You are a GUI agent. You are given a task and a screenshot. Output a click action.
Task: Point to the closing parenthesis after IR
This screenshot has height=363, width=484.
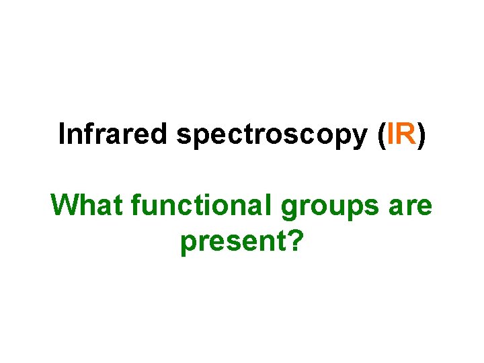(421, 136)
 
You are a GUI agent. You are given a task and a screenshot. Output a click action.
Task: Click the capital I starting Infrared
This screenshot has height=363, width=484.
(62, 134)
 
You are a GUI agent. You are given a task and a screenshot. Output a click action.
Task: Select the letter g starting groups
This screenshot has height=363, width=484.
(290, 210)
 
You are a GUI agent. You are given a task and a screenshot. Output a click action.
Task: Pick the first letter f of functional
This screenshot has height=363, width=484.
(137, 205)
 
